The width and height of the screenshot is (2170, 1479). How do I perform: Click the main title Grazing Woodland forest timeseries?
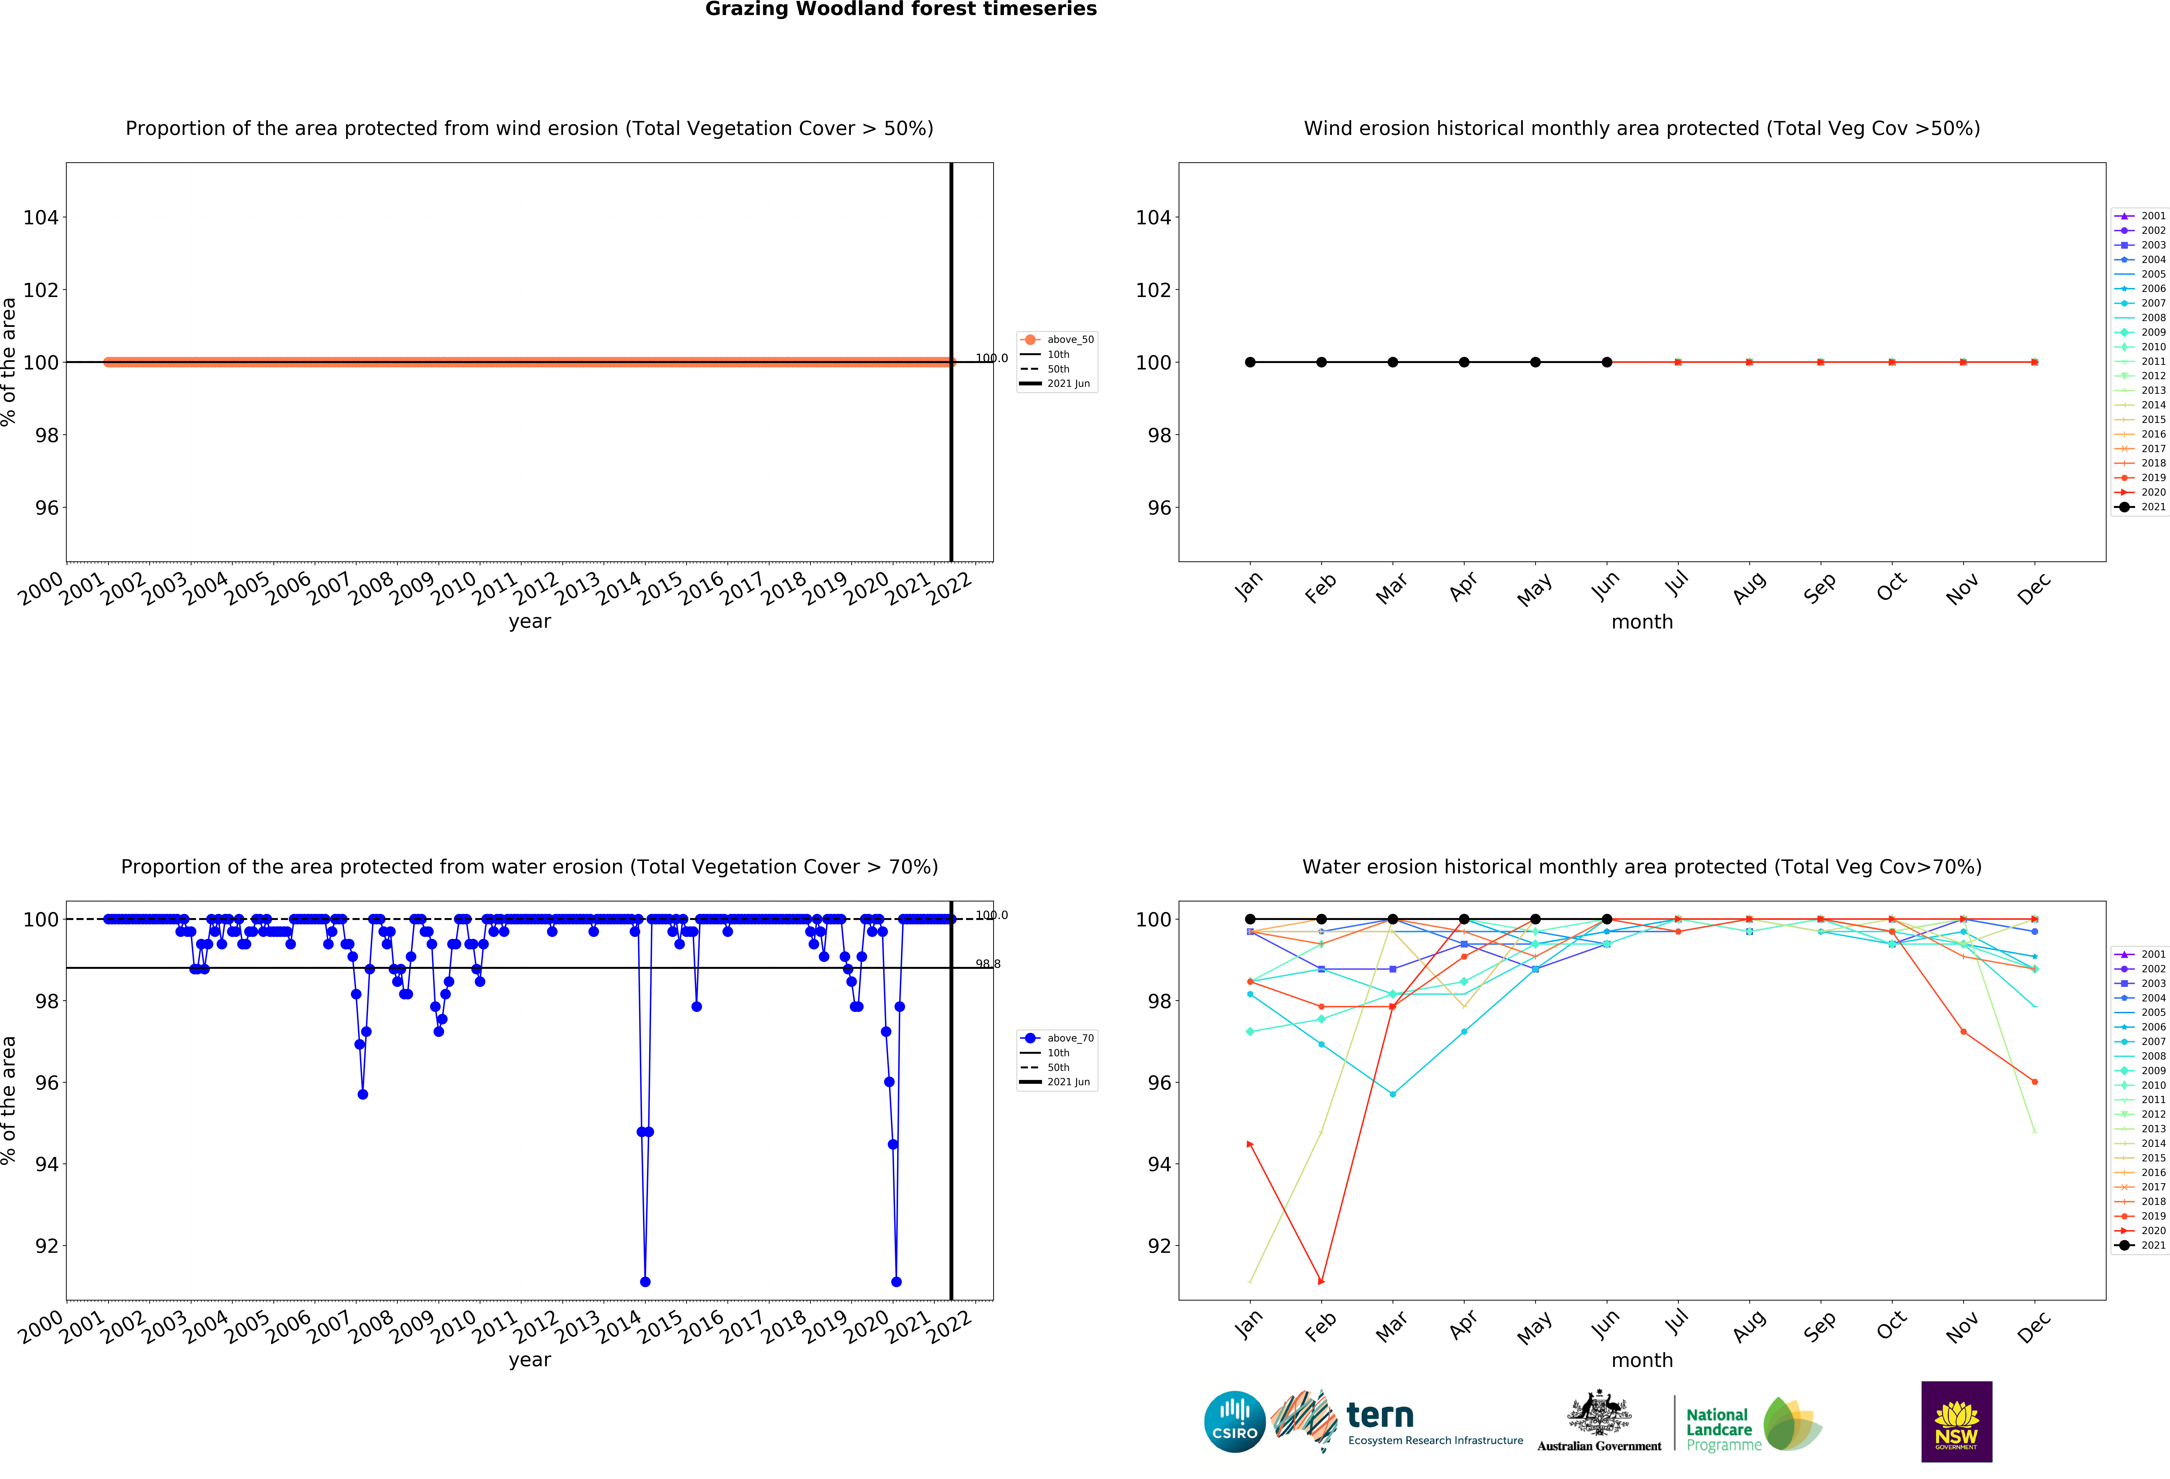pos(900,9)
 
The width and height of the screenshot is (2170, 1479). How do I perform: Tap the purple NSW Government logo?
pos(1956,1421)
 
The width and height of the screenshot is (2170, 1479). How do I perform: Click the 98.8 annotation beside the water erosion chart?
pos(987,964)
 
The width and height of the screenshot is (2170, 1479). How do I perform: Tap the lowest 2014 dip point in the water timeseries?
pos(645,1282)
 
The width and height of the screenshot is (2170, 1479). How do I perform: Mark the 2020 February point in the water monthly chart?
pos(1321,1281)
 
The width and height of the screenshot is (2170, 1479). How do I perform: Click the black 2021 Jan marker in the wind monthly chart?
pos(1250,362)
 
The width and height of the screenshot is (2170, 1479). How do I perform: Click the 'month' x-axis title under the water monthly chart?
pos(1641,1360)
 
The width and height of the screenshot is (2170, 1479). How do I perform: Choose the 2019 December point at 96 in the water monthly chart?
pos(2035,1082)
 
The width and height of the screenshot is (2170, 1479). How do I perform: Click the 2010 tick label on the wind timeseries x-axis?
pos(453,588)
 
